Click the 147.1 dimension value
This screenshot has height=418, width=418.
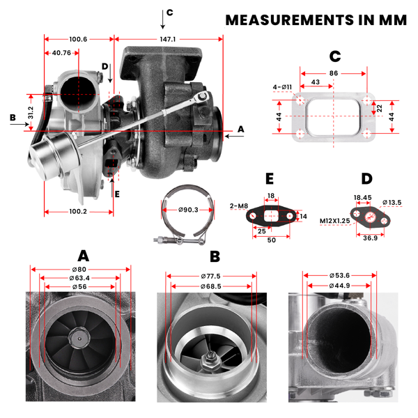(168, 40)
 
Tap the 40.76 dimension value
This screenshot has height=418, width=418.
(62, 53)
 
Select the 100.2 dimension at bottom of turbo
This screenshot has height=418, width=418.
(77, 211)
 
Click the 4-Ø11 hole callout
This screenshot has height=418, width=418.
(282, 87)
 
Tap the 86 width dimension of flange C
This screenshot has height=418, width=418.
(332, 72)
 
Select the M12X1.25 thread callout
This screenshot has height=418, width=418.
(335, 221)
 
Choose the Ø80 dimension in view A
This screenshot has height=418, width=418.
(80, 270)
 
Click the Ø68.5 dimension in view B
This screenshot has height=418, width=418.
(208, 286)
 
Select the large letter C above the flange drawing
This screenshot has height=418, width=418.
(334, 56)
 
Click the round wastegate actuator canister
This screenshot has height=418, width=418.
(46, 153)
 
